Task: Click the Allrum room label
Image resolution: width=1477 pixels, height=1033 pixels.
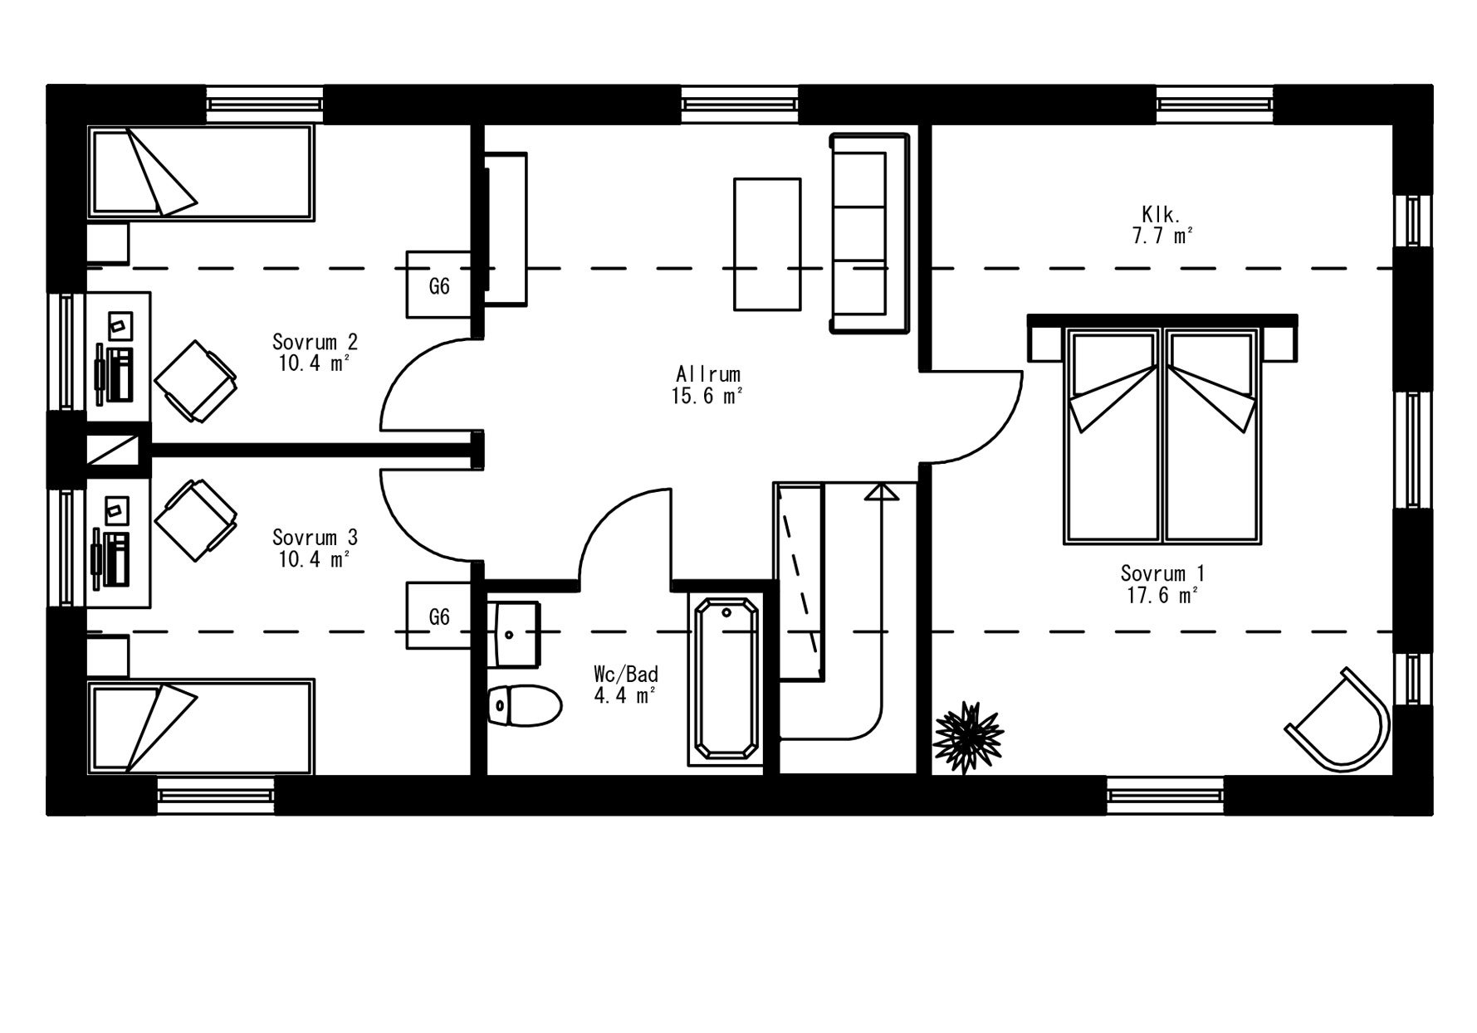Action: tap(707, 374)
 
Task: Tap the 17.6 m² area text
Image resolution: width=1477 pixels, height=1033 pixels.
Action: tap(1162, 595)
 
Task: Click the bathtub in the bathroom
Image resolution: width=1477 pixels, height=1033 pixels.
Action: tap(726, 678)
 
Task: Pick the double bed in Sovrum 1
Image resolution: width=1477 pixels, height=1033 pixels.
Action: tap(1162, 431)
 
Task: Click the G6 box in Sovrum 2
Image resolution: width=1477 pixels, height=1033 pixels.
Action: tap(439, 285)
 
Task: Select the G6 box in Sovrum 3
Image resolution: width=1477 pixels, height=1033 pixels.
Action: tap(439, 616)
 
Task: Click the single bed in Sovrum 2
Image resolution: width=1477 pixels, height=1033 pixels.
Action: tap(202, 173)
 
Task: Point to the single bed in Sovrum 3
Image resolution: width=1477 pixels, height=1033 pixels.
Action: tap(202, 727)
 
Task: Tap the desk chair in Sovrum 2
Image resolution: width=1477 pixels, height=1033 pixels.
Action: tap(196, 381)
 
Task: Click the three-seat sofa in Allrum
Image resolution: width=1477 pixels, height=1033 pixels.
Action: tap(871, 233)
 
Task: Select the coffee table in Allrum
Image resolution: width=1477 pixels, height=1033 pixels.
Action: tap(767, 244)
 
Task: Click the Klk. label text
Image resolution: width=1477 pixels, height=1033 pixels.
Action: tap(1161, 215)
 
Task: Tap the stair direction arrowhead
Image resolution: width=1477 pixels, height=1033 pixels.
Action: tap(881, 492)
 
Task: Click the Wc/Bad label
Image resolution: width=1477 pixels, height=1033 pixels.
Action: tap(626, 673)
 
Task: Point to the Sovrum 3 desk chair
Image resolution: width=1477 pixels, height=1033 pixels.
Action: tap(196, 520)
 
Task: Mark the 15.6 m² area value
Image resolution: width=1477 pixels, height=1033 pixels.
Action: tap(707, 397)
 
